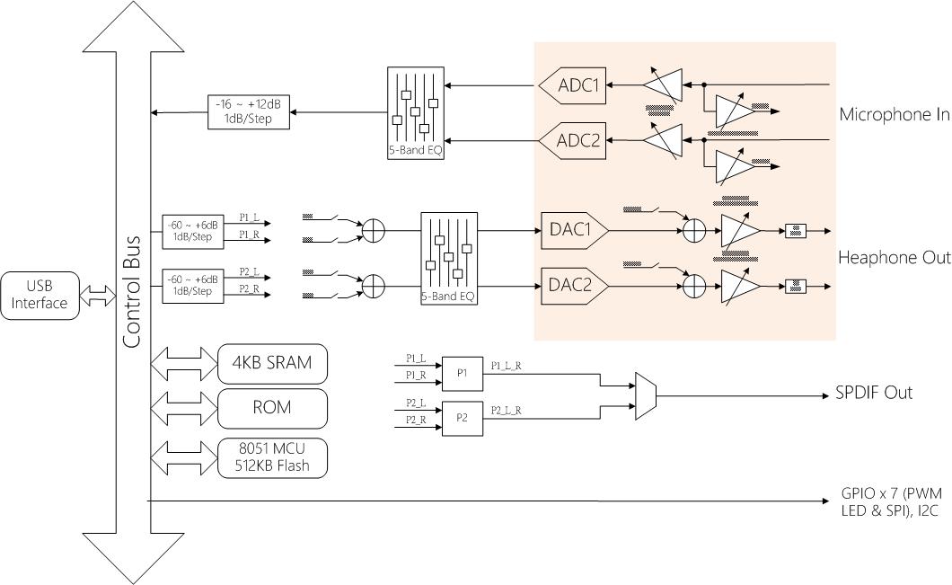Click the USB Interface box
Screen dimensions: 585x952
pos(40,295)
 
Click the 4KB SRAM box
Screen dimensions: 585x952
pos(273,363)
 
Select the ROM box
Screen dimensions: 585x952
pos(273,407)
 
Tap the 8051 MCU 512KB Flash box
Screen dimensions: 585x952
pos(273,457)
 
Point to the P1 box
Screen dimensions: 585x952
pos(462,372)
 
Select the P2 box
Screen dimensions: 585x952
pos(462,418)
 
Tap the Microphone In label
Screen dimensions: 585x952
pos(894,114)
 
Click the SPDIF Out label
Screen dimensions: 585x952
pos(874,394)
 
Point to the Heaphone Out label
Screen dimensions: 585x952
pos(894,258)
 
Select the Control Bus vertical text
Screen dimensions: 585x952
pos(132,292)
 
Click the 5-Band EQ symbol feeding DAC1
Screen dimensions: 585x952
pos(449,258)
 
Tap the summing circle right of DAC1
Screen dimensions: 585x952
pos(693,231)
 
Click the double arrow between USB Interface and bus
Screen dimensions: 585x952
pos(98,295)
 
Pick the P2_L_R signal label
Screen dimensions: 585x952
pos(507,410)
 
